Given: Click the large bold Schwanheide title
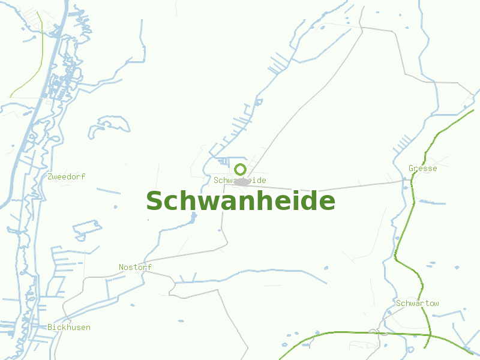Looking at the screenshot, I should point(240,201).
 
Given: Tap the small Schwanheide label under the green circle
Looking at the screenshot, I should point(240,180).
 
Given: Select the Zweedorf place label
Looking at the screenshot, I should point(66,176).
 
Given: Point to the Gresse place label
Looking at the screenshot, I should point(422,169).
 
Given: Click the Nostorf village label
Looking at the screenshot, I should point(135,267).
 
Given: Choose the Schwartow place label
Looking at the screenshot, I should point(417,303).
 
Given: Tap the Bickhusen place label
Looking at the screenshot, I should point(69,327).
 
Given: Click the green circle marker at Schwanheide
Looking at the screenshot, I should point(240,169).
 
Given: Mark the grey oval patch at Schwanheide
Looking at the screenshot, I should point(241,182).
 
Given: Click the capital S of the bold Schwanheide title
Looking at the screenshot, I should point(155,201).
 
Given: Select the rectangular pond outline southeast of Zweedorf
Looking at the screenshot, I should point(87,230).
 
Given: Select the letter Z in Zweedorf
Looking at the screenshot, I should point(50,176).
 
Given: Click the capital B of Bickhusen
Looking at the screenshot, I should point(50,327).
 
